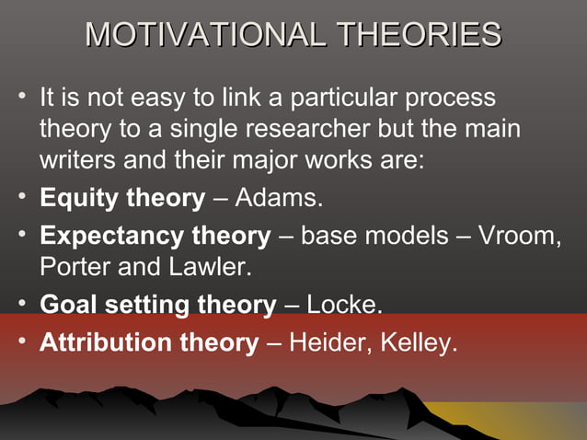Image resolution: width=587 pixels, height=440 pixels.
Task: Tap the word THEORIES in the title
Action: (x=419, y=35)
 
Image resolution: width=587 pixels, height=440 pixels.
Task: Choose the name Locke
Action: (x=343, y=305)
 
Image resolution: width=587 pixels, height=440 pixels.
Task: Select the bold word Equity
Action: (x=80, y=198)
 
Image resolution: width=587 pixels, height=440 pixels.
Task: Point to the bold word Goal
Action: (x=68, y=305)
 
